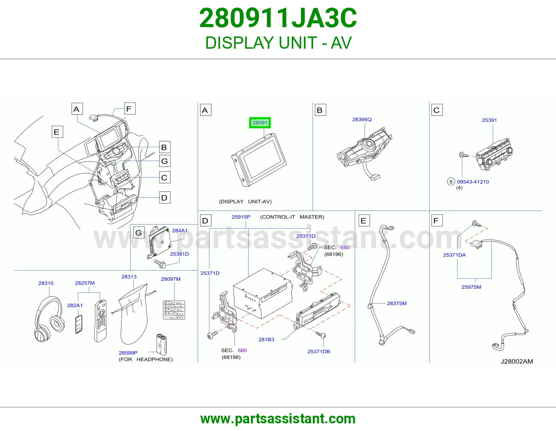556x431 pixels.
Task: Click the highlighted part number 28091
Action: [260, 123]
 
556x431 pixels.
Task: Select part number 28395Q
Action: [361, 120]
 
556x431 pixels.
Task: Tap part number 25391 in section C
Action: [489, 120]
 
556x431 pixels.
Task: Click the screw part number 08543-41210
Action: [473, 182]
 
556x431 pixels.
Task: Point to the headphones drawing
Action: [49, 319]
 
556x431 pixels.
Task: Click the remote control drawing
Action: [100, 321]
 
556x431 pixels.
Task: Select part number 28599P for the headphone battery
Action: [128, 353]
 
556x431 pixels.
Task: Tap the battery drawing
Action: [162, 344]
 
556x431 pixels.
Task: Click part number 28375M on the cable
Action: [396, 303]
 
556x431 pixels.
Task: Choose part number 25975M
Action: [471, 287]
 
